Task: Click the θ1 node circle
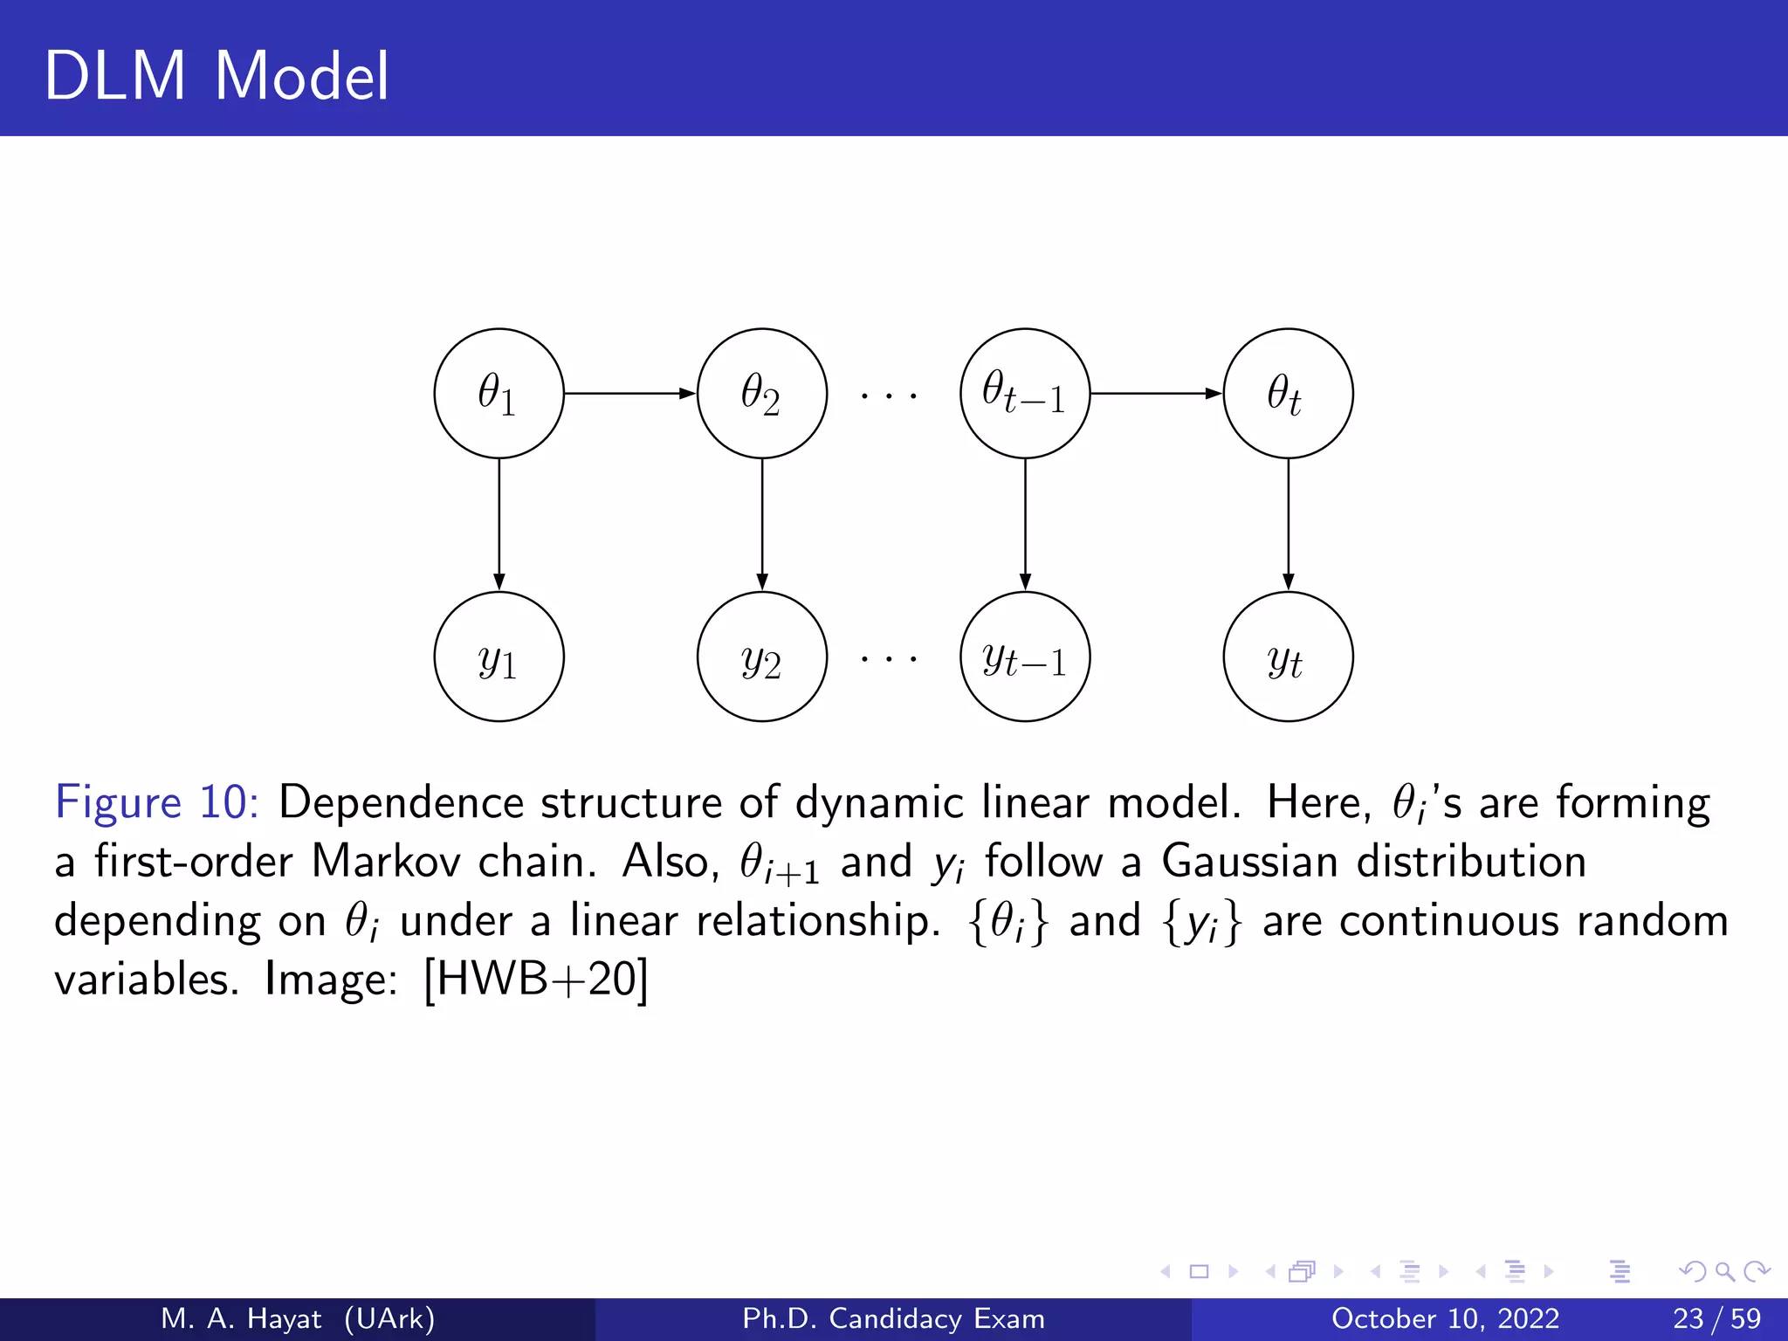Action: pos(499,394)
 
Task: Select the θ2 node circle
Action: pos(761,394)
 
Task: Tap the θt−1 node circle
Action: pos(1025,394)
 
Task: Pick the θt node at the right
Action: pos(1288,394)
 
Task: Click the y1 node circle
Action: pos(499,657)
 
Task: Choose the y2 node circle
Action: pos(761,657)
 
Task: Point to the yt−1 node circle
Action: pos(1025,657)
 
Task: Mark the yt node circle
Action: pos(1288,657)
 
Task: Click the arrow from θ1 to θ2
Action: pos(629,394)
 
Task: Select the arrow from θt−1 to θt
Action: pos(1156,394)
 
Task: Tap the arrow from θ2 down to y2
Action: pos(761,524)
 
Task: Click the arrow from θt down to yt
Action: pos(1288,524)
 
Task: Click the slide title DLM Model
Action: pos(216,76)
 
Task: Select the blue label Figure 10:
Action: pos(156,801)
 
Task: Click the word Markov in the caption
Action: pos(385,861)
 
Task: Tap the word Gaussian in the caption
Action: pos(1249,861)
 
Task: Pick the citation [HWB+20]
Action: pos(535,980)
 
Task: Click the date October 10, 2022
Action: pos(1445,1318)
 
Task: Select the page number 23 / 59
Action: pos(1716,1318)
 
